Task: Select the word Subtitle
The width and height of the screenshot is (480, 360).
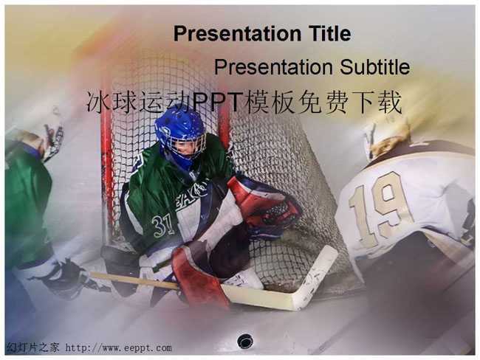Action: point(374,66)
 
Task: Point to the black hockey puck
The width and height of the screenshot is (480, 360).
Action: point(245,342)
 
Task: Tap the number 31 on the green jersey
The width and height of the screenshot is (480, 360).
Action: point(163,226)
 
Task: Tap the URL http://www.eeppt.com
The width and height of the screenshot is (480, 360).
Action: point(118,347)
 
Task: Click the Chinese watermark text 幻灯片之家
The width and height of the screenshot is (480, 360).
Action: point(32,347)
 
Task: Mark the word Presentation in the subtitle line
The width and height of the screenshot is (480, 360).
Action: point(273,67)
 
